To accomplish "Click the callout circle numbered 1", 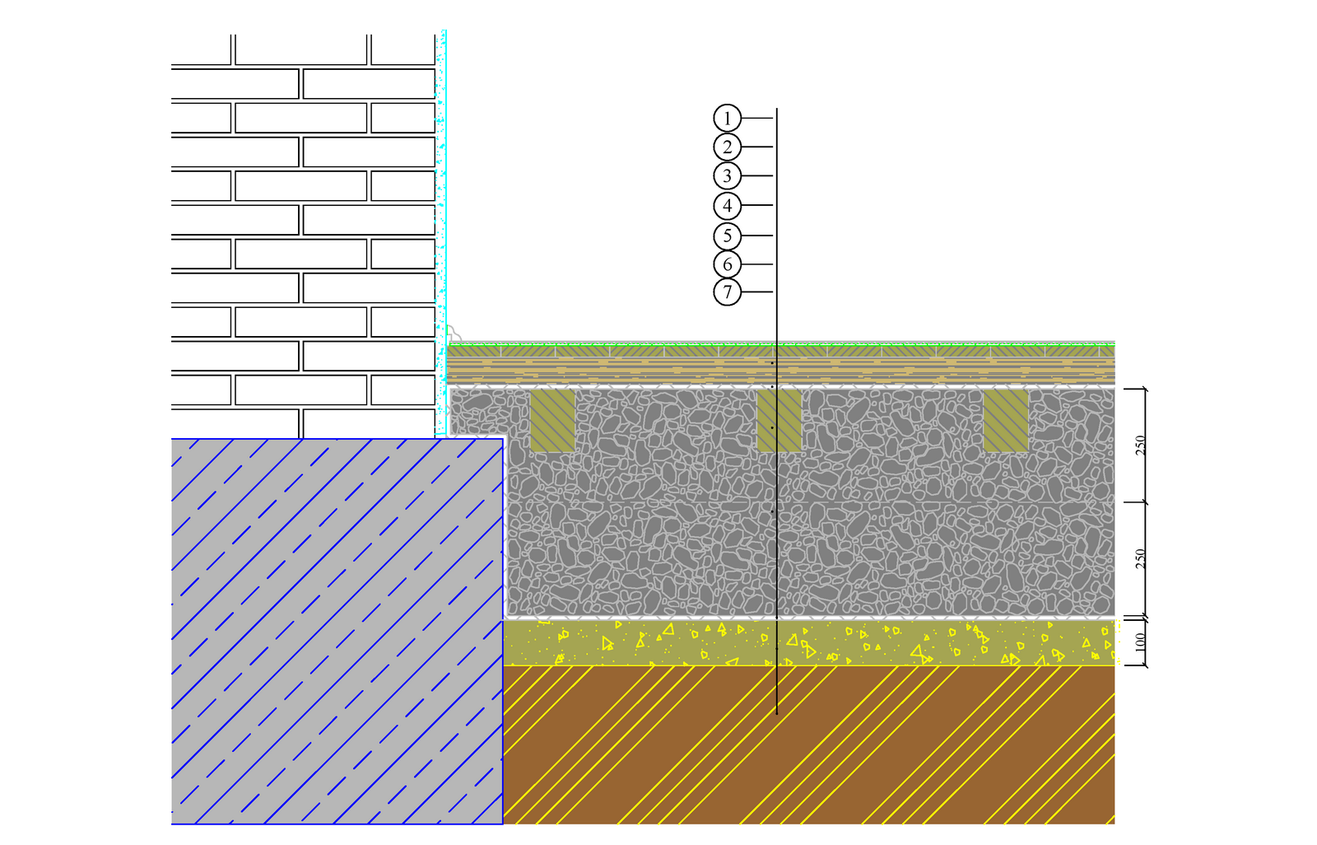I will click(727, 119).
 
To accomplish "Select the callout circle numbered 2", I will click(727, 147).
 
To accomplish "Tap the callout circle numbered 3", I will click(727, 175).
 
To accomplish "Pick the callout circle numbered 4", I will click(727, 205).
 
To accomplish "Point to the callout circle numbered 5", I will click(727, 236).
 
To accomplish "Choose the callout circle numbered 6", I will click(727, 264).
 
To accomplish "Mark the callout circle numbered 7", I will click(727, 292).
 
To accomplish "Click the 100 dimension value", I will click(1140, 642).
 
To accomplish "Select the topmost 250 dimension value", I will click(1140, 445).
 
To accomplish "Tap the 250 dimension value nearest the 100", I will click(1140, 558).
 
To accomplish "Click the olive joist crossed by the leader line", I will click(779, 421).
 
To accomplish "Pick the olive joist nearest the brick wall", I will click(552, 421).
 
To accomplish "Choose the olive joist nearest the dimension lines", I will click(1006, 421).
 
